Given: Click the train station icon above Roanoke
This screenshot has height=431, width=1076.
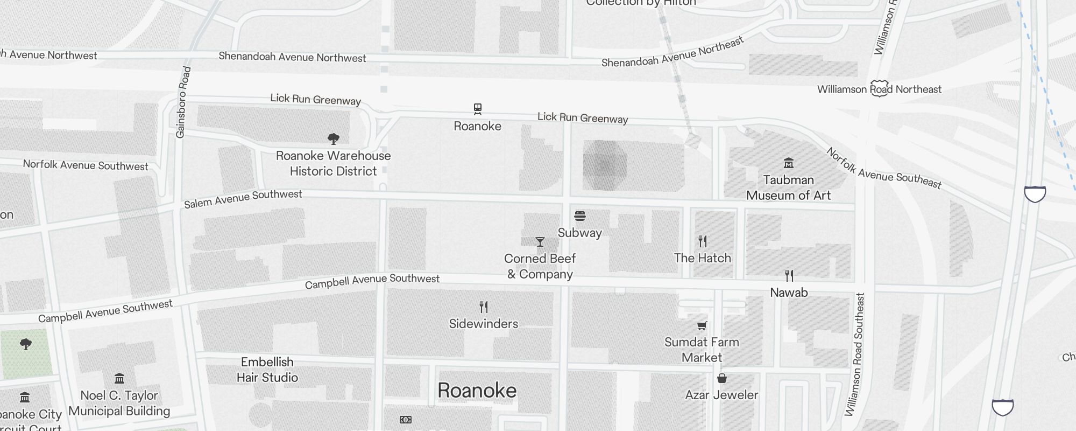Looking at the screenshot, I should [x=477, y=109].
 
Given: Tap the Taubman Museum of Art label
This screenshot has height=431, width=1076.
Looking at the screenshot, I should [x=788, y=187].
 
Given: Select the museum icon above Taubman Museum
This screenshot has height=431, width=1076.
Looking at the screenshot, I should [x=789, y=163].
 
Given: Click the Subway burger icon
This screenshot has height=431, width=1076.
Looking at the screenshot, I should [x=579, y=216].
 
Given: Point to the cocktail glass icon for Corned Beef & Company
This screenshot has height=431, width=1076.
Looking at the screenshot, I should [x=540, y=242].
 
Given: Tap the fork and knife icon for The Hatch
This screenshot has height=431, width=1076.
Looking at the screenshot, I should [x=702, y=241].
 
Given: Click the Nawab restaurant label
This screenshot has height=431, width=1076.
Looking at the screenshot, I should [x=789, y=293].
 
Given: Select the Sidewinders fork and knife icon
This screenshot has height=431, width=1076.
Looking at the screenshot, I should [x=484, y=307].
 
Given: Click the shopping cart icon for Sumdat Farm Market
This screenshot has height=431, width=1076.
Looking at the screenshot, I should [x=702, y=325].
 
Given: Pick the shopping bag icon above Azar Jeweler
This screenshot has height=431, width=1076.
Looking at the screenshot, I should [x=722, y=378].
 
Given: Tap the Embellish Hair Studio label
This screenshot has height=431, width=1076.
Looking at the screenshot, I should [x=267, y=370].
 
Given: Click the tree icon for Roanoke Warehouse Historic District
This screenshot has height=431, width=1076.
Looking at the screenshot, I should [x=334, y=139].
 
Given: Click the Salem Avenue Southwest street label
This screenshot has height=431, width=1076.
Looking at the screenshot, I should [x=243, y=199].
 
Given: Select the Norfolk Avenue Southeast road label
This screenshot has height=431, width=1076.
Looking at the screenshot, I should [x=883, y=169].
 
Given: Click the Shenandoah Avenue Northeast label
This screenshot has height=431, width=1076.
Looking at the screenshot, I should [x=672, y=52].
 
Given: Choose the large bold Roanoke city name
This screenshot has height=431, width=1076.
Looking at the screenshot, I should [x=477, y=391].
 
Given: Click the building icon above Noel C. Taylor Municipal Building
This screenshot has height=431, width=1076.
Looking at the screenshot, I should [x=119, y=378].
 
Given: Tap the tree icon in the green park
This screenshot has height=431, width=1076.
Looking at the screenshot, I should [x=25, y=344].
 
